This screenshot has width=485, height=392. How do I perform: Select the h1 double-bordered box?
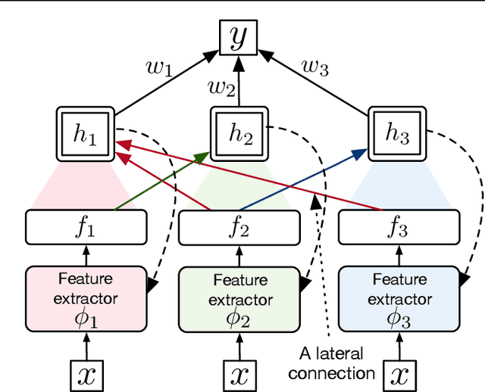pyautogui.click(x=85, y=134)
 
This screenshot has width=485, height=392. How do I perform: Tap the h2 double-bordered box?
pyautogui.click(x=239, y=134)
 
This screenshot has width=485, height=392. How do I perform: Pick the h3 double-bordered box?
pyautogui.click(x=398, y=134)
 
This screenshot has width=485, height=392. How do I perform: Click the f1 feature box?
pyautogui.click(x=85, y=227)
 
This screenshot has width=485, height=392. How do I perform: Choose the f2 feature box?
pyautogui.click(x=239, y=227)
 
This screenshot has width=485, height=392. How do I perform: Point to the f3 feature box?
pyautogui.click(x=399, y=227)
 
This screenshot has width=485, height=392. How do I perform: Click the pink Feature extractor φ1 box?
pyautogui.click(x=85, y=298)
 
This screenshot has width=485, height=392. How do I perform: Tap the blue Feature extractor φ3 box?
pyautogui.click(x=399, y=298)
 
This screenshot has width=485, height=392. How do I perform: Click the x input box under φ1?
pyautogui.click(x=86, y=375)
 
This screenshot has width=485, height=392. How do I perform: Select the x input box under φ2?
pyautogui.click(x=239, y=375)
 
